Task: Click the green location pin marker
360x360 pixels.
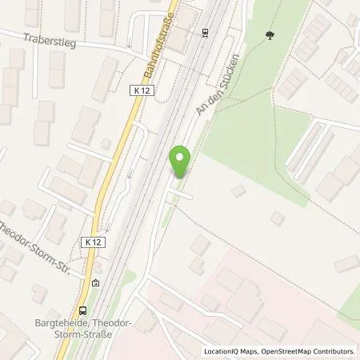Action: (x=181, y=162)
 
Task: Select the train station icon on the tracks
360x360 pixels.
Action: (x=206, y=33)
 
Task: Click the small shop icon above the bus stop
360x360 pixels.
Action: (x=96, y=282)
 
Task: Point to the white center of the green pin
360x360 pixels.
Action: (x=181, y=157)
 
